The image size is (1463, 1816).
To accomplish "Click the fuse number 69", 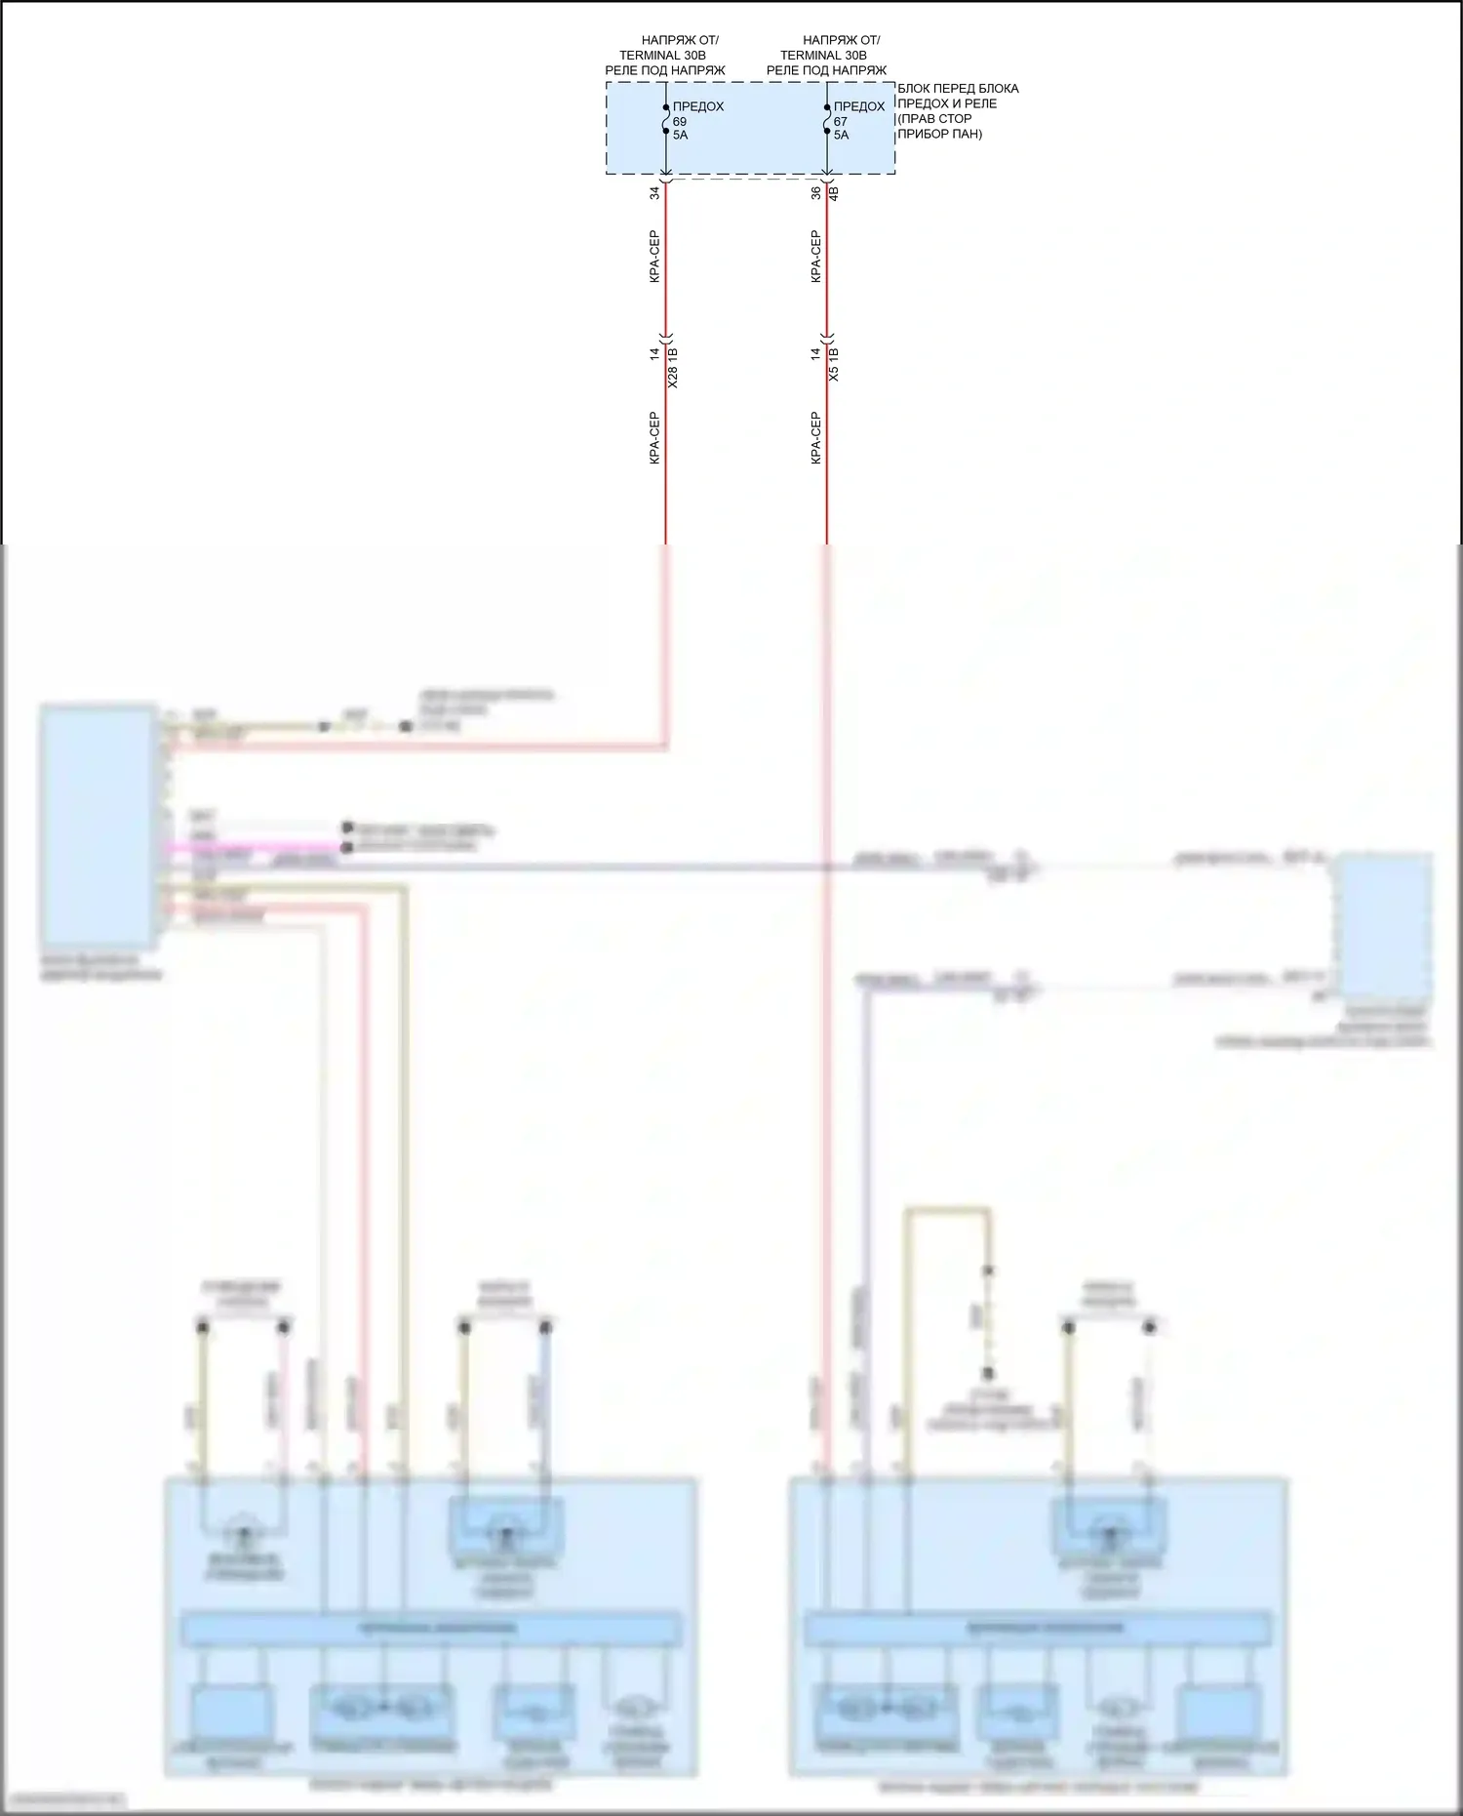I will (680, 122).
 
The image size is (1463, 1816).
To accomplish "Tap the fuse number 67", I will (841, 122).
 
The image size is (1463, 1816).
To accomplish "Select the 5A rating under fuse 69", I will (680, 136).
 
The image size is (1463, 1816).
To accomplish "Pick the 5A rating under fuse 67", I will (841, 136).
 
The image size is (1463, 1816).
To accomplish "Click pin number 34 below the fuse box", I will (655, 193).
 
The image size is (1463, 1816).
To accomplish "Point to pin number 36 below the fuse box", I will (816, 193).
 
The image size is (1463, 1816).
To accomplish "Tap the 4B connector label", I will (833, 193).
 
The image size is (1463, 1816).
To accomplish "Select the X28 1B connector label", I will (673, 367).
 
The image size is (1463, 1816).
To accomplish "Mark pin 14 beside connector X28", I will (655, 354).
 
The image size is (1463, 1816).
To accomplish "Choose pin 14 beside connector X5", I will (816, 354).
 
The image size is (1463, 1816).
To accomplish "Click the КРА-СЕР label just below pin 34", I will (655, 257).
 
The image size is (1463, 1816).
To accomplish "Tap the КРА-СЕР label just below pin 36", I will (816, 257).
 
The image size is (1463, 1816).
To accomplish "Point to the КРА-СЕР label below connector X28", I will (655, 437).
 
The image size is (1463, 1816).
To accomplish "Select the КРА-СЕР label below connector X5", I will (816, 437).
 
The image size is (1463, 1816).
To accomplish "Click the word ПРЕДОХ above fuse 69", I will (698, 106).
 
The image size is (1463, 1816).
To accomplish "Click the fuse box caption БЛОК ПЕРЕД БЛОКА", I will (958, 89).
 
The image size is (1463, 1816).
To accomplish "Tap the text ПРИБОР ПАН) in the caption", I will (939, 134).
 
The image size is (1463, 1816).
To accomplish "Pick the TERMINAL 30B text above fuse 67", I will (823, 56).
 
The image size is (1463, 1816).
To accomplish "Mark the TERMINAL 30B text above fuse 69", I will (662, 56).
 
